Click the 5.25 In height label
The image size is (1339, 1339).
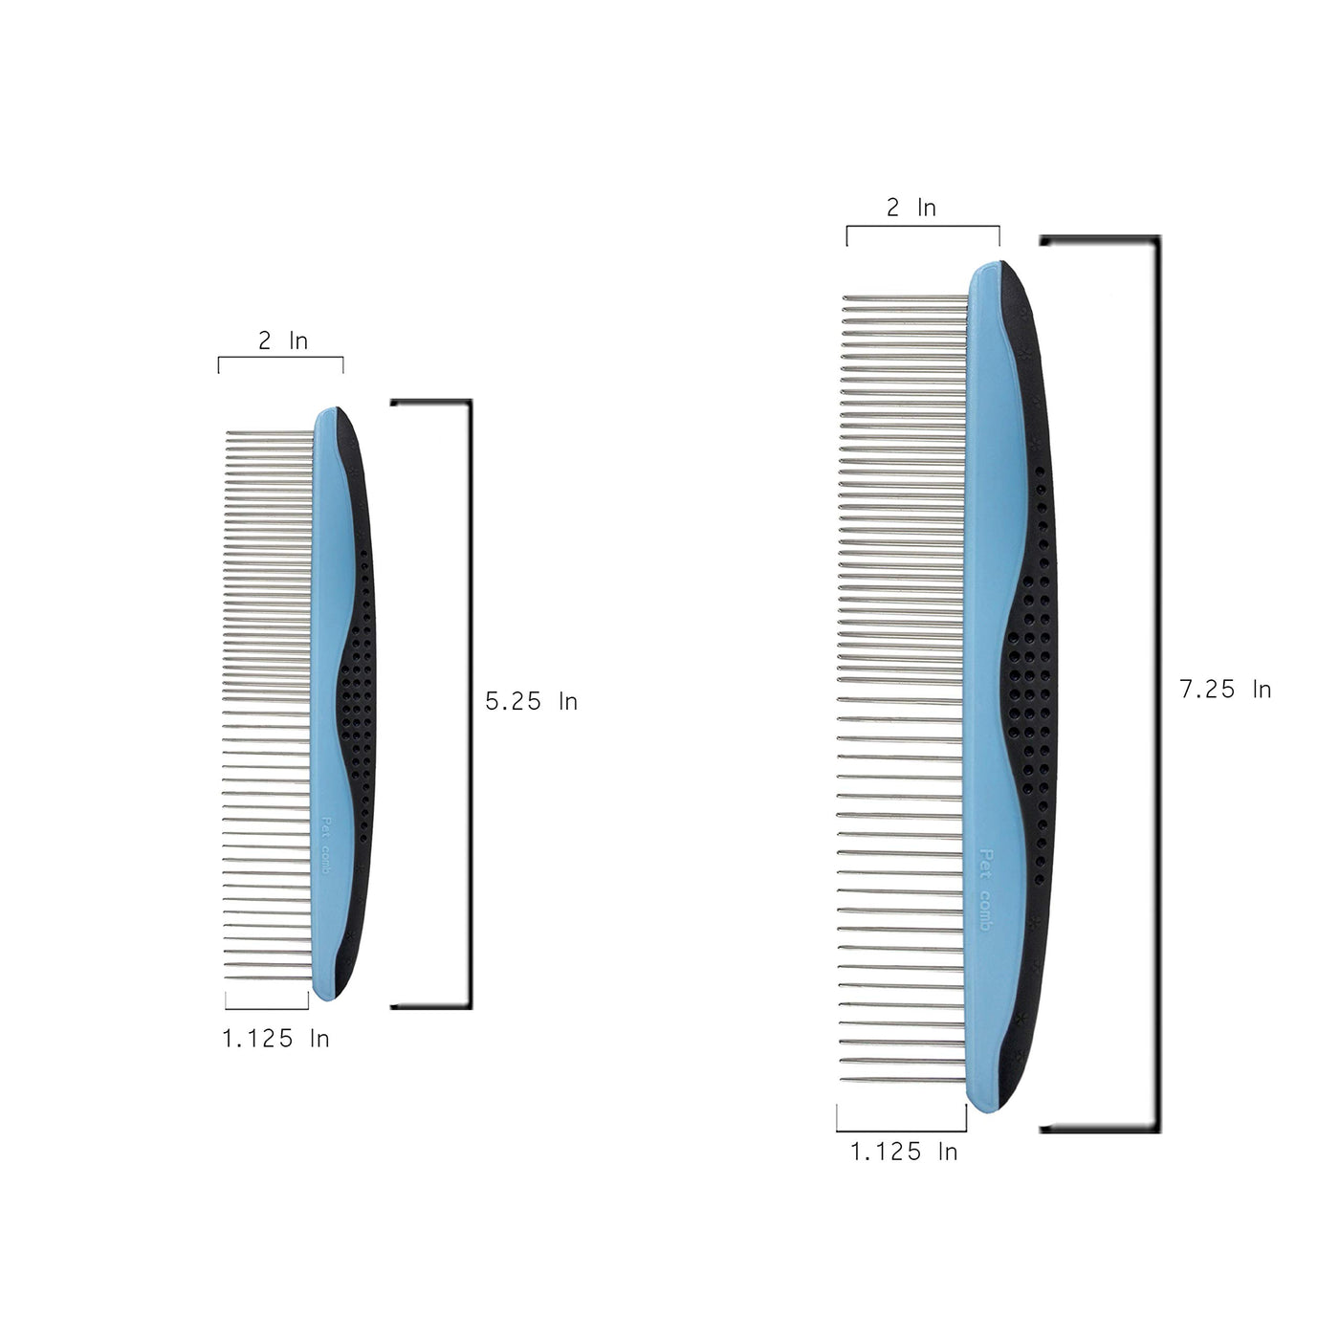[531, 701]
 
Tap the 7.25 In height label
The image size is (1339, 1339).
[1225, 690]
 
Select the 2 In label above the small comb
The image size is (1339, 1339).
[283, 340]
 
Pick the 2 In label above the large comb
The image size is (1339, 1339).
[911, 208]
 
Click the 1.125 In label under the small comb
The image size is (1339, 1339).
[275, 1038]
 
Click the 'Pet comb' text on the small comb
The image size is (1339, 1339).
[324, 845]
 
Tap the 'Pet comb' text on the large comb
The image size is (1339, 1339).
[985, 889]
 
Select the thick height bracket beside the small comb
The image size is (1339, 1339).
[470, 703]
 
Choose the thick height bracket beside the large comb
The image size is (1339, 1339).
[1157, 685]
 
